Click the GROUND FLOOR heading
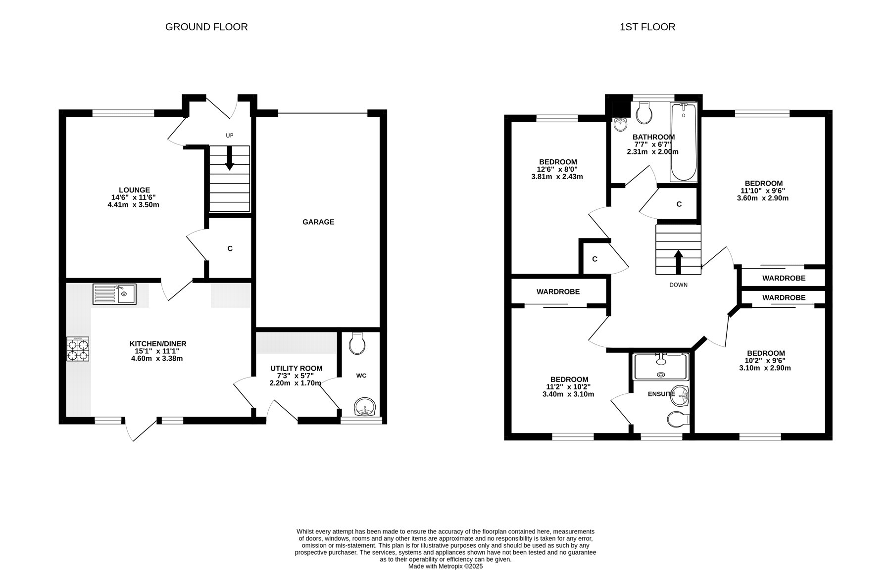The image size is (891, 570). pos(206,27)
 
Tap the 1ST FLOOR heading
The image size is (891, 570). pos(647,27)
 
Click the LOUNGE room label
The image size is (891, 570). pos(134,190)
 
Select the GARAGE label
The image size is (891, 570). pos(318,222)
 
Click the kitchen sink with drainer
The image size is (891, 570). pos(114,294)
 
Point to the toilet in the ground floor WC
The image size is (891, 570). pos(356,342)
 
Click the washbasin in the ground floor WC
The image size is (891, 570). pos(365,407)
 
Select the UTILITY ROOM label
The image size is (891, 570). pos(296,368)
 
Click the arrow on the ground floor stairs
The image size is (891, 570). pos(230,158)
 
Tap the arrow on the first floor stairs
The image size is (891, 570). pos(678,262)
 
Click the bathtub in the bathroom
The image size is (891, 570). pos(684,142)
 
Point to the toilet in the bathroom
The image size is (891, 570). pos(644,113)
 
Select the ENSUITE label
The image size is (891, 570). pos(661,394)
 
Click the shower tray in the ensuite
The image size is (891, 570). pos(661,367)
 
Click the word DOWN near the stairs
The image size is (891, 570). pos(678,285)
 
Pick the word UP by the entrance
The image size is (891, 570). pos(229,136)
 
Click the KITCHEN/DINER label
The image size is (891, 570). pos(158,344)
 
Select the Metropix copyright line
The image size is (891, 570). pos(445,566)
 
